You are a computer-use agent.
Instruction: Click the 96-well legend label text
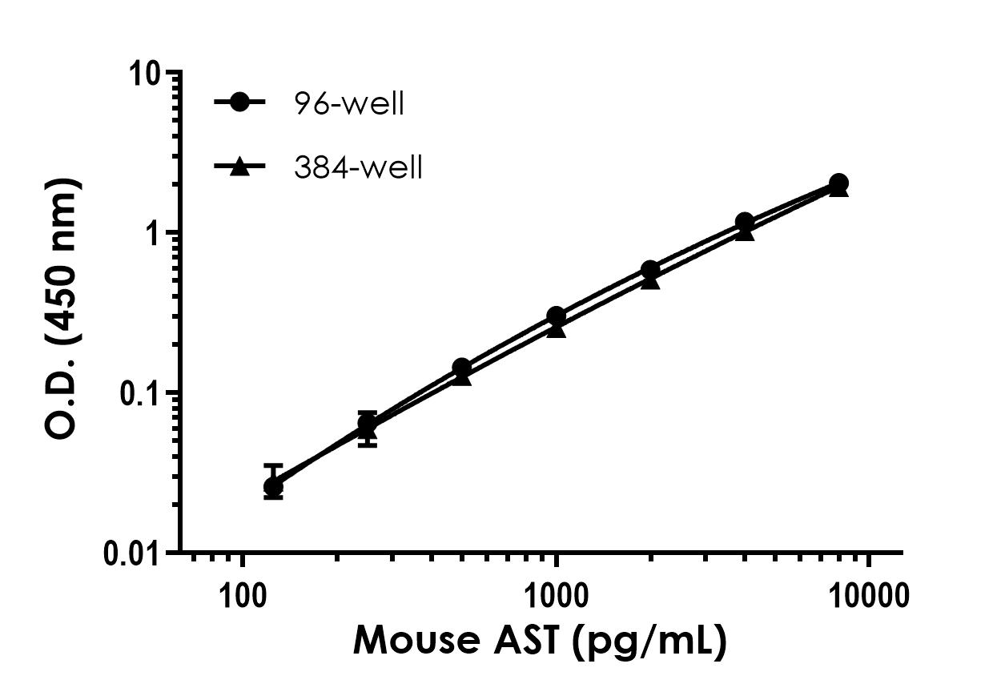click(348, 104)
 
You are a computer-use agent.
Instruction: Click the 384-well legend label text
click(357, 168)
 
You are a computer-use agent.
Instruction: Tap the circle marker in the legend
click(239, 103)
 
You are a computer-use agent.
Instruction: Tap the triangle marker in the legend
click(239, 167)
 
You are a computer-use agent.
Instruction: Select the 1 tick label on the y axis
click(155, 233)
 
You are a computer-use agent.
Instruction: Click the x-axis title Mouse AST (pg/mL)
click(540, 642)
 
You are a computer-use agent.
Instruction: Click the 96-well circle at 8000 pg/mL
click(838, 183)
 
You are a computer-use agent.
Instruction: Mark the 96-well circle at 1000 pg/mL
click(556, 316)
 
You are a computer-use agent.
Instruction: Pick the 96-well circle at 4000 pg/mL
click(744, 222)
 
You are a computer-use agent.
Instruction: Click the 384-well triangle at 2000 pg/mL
click(650, 280)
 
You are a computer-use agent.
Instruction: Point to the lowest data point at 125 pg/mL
click(273, 486)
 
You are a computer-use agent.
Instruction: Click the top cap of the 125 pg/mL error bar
click(273, 465)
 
